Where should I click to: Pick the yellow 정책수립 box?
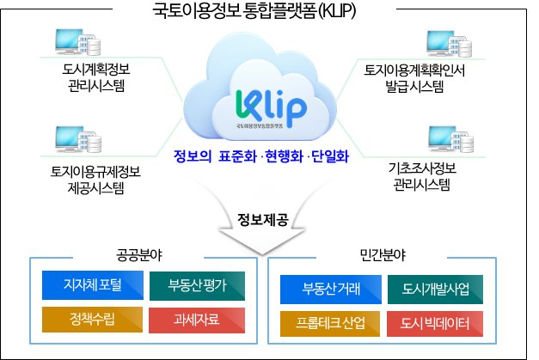tap(91, 320)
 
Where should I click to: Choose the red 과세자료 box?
tap(199, 320)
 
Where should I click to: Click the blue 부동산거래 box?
tap(331, 288)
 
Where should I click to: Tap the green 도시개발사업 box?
tap(436, 288)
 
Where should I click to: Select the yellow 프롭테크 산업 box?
tap(331, 323)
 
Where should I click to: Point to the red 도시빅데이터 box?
tap(436, 323)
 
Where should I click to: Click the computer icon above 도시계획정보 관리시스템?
tap(72, 39)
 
